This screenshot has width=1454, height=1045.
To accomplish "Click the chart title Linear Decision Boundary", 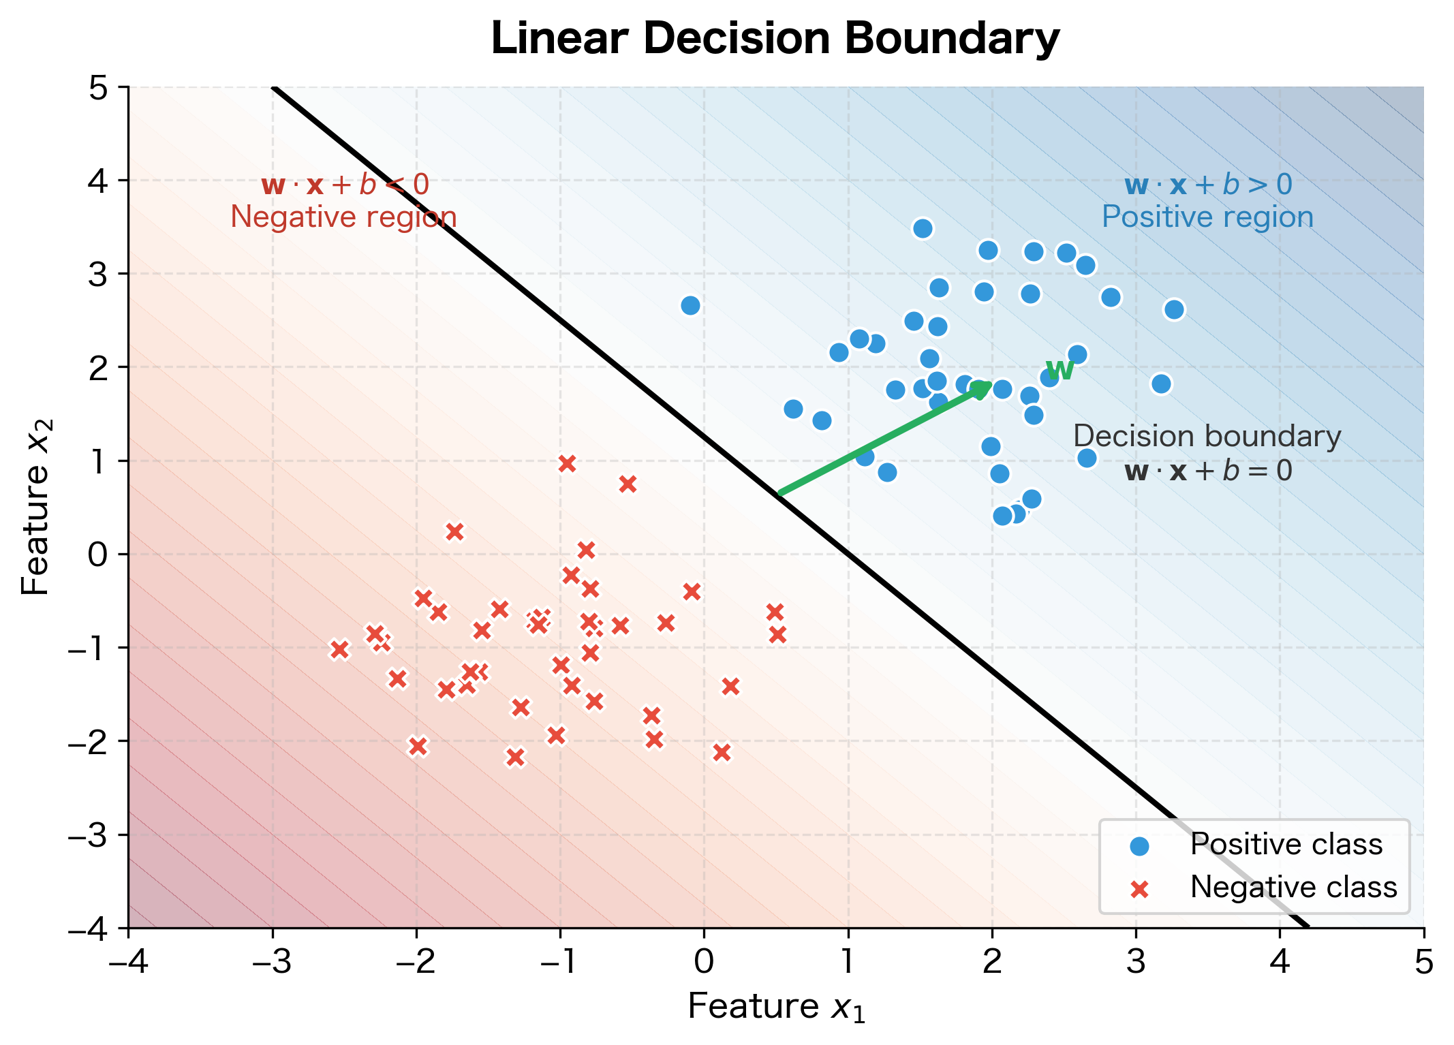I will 775,39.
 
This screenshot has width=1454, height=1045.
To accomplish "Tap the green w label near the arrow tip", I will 1059,370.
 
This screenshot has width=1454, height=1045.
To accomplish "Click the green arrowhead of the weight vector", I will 981,390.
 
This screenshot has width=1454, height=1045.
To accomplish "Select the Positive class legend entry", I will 1285,845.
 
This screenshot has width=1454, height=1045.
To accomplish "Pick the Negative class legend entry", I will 1293,888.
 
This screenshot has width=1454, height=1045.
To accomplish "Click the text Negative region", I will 343,217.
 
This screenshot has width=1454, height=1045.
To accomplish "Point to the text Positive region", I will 1207,217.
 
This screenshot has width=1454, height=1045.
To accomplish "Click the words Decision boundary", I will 1207,437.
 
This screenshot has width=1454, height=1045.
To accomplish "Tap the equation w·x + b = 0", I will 1207,471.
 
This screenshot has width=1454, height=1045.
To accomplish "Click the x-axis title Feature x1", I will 776,1007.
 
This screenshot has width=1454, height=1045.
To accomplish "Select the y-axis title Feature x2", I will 36,508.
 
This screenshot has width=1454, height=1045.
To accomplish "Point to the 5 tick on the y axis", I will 99,88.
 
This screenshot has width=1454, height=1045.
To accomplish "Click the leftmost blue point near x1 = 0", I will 690,305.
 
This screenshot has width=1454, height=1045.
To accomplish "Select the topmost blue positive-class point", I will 923,228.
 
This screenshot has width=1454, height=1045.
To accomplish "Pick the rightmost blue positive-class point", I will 1174,309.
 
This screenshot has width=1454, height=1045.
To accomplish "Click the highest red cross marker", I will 567,464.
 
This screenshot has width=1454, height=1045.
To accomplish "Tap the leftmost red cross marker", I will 339,650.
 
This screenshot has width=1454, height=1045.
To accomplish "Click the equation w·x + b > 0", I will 1207,185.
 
